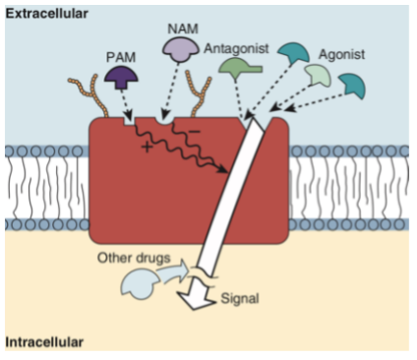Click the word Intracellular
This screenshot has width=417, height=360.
click(x=43, y=341)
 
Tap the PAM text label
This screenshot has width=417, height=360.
click(x=121, y=56)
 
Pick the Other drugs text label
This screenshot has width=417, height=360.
click(x=128, y=258)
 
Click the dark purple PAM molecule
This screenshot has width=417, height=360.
click(x=121, y=79)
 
